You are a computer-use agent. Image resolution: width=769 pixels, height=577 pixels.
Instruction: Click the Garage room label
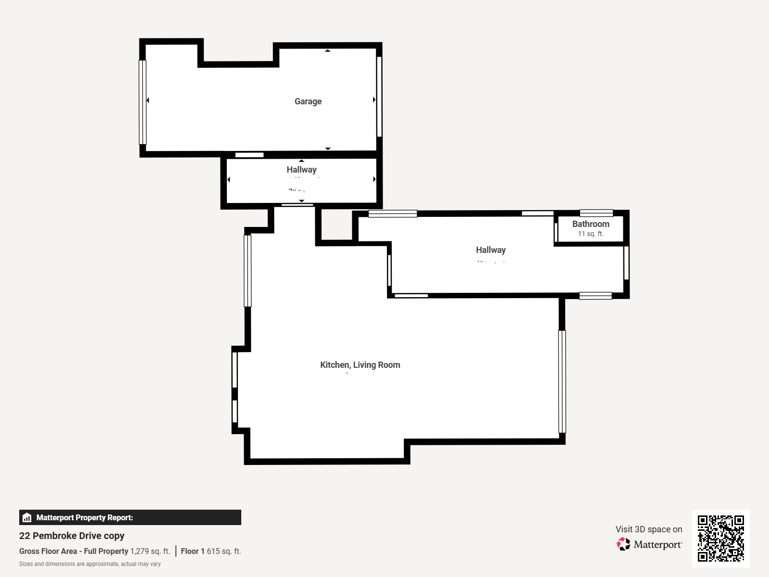308,101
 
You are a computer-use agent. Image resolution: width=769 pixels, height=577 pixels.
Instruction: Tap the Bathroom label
591,224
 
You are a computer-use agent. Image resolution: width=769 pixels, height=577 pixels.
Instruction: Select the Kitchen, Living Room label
360,365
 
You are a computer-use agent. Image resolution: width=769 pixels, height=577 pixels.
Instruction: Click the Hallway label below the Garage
301,170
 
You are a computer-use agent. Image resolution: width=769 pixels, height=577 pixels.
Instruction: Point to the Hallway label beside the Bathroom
491,250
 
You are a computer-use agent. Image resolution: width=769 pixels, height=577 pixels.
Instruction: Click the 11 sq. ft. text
590,234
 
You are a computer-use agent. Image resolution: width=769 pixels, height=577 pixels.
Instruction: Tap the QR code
720,538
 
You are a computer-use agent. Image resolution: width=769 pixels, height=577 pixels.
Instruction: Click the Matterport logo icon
623,544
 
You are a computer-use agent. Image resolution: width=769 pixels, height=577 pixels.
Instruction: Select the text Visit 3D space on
648,529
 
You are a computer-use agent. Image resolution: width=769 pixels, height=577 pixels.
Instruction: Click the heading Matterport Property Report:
85,518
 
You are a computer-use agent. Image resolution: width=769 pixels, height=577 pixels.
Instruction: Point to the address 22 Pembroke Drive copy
72,536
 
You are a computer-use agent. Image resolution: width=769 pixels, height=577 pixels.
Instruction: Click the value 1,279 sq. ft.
150,552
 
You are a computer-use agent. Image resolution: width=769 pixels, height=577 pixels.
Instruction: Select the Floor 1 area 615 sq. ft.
223,552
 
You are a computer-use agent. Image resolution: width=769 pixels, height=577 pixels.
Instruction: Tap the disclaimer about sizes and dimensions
90,564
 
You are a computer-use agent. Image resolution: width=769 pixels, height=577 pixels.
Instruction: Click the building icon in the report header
27,518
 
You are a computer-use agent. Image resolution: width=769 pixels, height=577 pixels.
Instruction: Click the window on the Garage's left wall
142,102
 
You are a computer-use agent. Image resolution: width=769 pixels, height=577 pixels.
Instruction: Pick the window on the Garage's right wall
379,96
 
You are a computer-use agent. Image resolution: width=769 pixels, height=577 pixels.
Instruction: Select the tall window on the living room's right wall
562,381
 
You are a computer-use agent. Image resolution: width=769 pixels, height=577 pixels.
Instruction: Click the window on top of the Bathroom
596,213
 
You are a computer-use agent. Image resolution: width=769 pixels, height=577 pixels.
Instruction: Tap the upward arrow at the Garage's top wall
328,50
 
